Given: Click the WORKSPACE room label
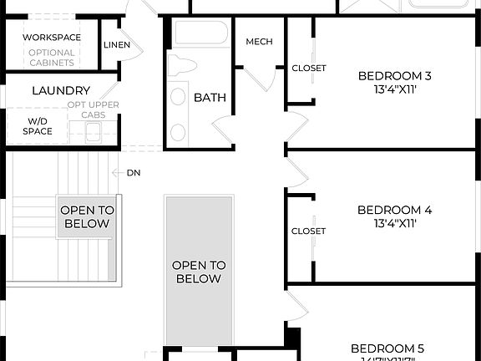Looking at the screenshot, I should pos(52,38).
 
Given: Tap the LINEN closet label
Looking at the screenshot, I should pos(117,44).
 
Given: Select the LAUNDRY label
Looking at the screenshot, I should pos(61,90).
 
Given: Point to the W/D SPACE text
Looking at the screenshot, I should pos(38,125).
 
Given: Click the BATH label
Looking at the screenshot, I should pos(210,98).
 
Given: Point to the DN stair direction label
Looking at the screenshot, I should pos(134,173).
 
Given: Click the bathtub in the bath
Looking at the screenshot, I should pos(201,33).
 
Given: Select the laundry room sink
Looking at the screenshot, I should pos(92,131).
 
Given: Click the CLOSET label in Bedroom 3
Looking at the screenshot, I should pos(309,69).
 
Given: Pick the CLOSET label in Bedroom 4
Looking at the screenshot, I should pos(308,231).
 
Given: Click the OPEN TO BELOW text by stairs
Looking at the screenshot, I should pos(86,217).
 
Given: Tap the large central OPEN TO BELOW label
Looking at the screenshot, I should pos(199,272).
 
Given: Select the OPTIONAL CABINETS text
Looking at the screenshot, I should pos(52,58).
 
